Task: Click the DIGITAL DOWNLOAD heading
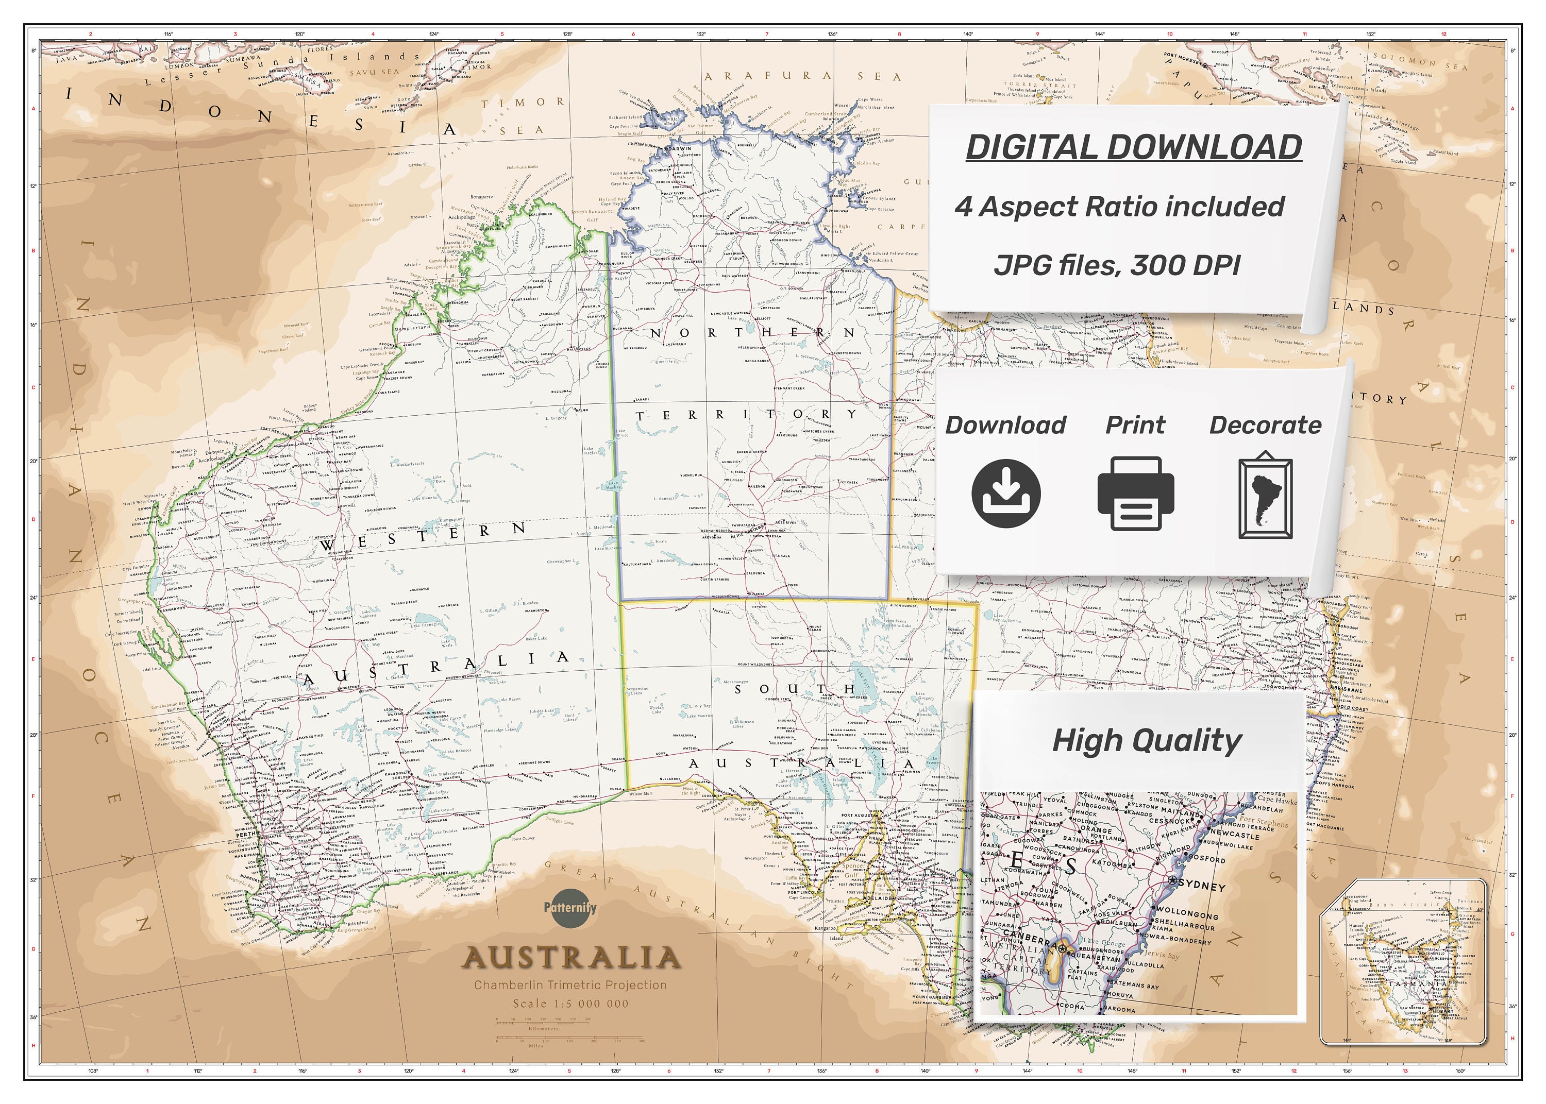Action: [x=1133, y=147]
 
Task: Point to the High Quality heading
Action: [x=1146, y=741]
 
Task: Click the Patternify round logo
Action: [x=570, y=908]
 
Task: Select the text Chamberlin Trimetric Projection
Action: [x=570, y=985]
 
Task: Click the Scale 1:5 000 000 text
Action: [x=570, y=1004]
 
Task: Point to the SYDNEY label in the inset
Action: [x=1202, y=887]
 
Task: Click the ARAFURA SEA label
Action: [x=802, y=76]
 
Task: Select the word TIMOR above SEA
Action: [x=522, y=103]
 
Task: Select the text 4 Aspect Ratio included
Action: [x=1120, y=207]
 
